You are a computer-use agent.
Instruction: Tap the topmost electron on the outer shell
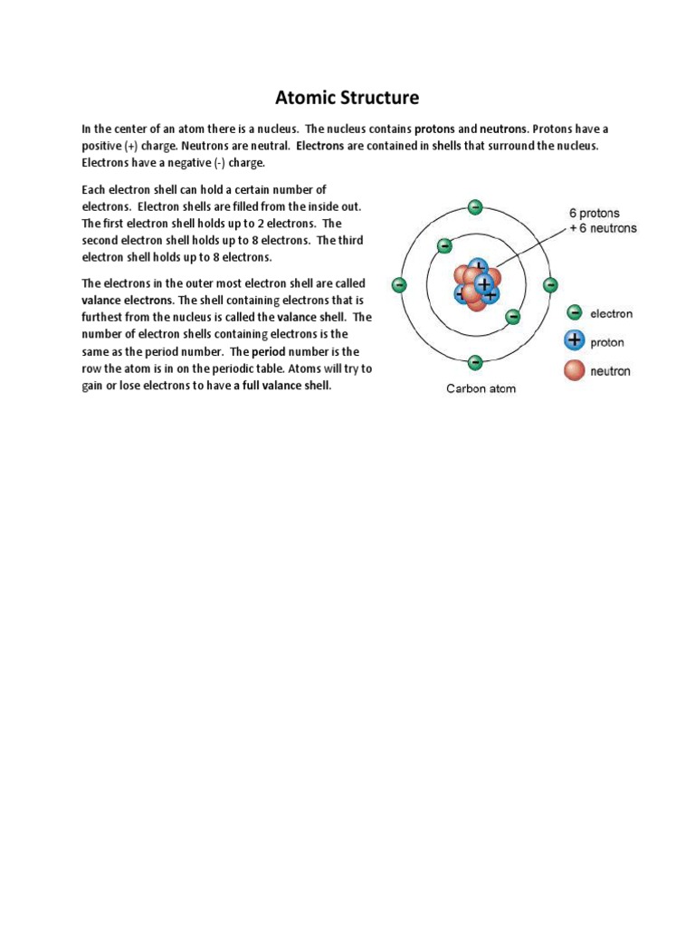pos(474,206)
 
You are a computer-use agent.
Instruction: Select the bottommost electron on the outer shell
pos(474,362)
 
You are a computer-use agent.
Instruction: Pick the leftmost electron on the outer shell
pos(397,284)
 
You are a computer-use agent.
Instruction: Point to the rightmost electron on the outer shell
pos(550,284)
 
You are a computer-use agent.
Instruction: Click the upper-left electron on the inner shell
pos(444,245)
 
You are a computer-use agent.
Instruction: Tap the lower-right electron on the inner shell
pos(512,317)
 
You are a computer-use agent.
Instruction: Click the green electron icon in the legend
pos(574,313)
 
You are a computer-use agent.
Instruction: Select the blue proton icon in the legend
pos(574,341)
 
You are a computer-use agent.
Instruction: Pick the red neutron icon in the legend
pos(574,370)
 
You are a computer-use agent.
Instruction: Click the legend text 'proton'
pos(607,343)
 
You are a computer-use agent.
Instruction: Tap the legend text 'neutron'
pos(610,371)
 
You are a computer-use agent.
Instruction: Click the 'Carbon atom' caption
pos(480,389)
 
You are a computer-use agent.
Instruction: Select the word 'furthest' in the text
pos(102,318)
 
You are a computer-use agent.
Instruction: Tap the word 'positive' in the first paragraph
pos(102,146)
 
